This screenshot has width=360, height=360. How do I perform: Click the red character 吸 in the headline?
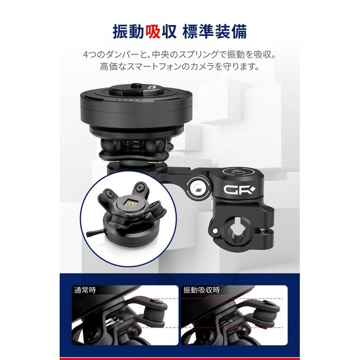pos(153,32)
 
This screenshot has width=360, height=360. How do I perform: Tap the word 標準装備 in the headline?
pos(214,32)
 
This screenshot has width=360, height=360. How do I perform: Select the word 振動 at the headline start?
pos(129,32)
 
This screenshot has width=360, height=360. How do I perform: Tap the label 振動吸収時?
pos(202,290)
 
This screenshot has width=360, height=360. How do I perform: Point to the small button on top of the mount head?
pos(136,85)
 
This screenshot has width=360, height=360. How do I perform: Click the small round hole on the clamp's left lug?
pos(215,230)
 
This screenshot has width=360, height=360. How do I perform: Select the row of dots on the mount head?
pos(127,100)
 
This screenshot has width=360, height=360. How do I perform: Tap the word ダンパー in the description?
pos(123,55)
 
